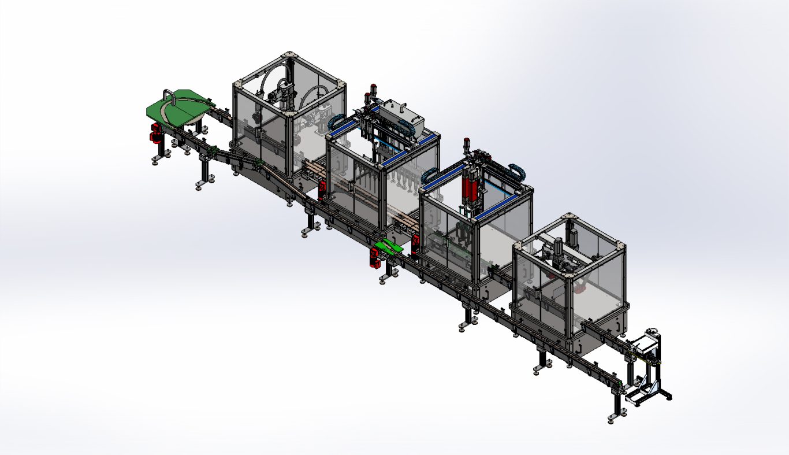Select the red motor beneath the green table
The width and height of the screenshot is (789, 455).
pyautogui.click(x=155, y=132)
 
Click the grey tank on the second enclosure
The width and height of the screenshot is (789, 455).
pyautogui.click(x=404, y=116)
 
